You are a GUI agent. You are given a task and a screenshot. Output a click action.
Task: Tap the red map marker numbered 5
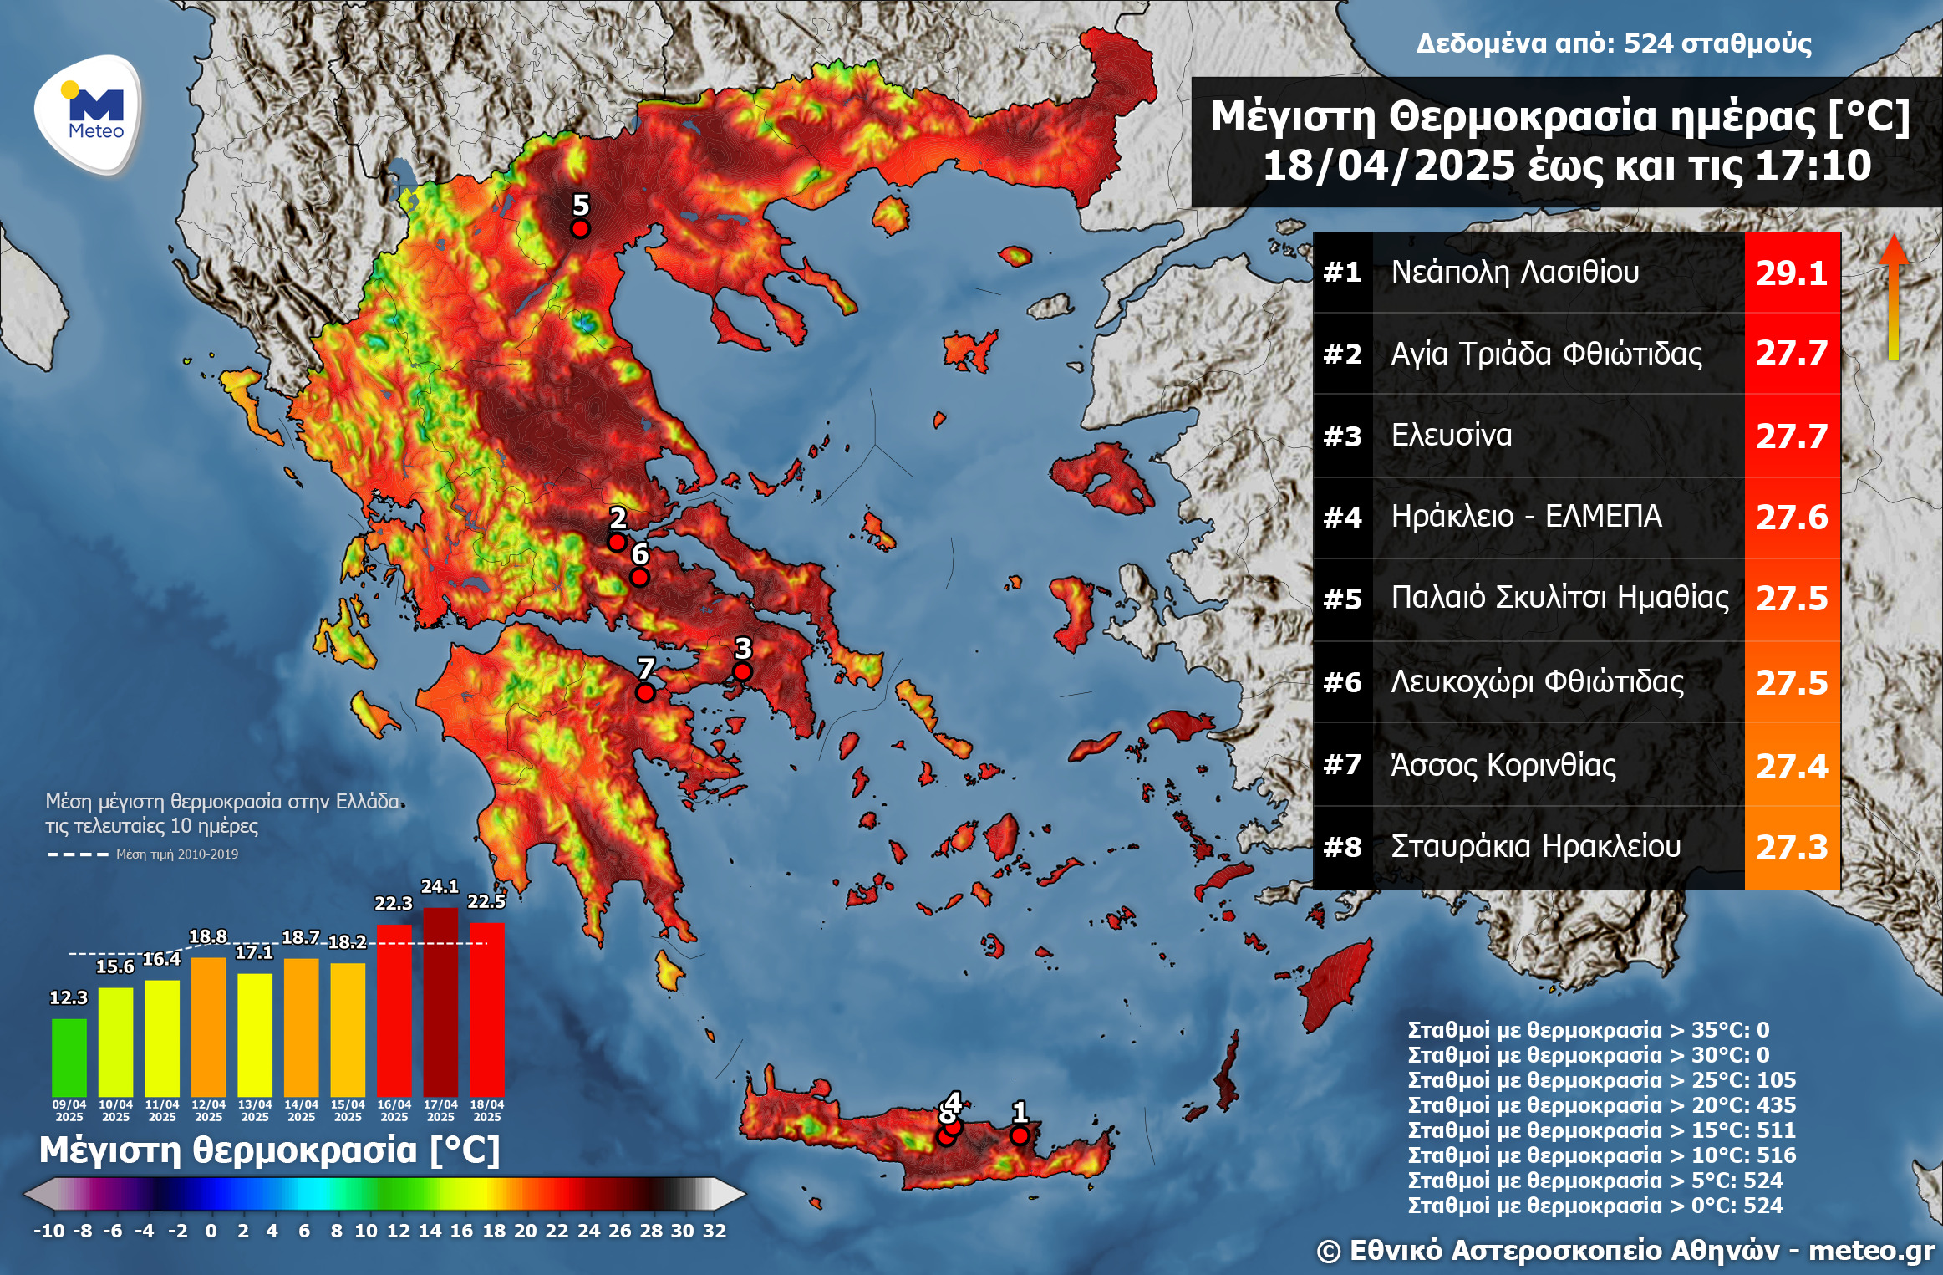tap(580, 228)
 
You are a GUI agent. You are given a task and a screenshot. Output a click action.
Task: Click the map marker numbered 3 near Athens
tap(742, 671)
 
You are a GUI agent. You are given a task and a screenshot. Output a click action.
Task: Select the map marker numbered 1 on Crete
tap(1020, 1135)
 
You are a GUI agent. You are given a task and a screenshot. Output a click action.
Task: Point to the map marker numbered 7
tap(645, 692)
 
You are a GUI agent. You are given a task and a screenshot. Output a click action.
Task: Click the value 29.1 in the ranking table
tap(1791, 273)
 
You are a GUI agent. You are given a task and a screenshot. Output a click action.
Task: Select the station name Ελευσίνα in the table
tap(1451, 435)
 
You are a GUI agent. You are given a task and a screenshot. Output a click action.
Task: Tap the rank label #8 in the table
tap(1342, 847)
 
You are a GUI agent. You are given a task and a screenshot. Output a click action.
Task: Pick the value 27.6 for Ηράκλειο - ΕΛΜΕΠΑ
tap(1791, 517)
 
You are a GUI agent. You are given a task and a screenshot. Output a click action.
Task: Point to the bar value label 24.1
tap(440, 886)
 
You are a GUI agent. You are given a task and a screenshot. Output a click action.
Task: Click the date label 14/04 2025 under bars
tap(301, 1110)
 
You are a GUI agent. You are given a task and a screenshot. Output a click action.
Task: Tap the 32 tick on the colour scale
tap(715, 1231)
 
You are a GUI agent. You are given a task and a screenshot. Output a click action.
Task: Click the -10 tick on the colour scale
tap(48, 1231)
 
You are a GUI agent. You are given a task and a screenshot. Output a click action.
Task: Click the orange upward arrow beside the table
tap(1894, 297)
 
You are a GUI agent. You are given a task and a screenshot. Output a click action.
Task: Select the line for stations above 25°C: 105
tap(1601, 1080)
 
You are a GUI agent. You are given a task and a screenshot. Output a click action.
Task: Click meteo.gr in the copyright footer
tap(1871, 1251)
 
